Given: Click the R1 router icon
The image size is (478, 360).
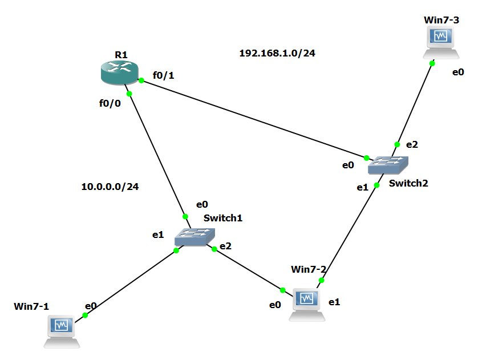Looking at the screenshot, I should [x=119, y=72].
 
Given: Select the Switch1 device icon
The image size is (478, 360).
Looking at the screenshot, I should [x=195, y=236].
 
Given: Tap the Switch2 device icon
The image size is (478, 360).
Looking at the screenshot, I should [x=388, y=165].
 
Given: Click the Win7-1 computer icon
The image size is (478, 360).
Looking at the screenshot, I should [x=62, y=329].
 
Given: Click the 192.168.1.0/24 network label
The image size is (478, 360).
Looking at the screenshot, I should [x=277, y=53].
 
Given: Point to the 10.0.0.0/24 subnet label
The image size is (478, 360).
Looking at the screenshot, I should [x=110, y=186].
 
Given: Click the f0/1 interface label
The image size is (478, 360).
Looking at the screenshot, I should [x=163, y=75].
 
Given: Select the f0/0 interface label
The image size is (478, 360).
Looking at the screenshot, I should [x=110, y=103].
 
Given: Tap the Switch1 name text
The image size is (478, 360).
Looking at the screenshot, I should [x=223, y=217].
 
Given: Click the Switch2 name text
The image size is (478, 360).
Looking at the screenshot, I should [x=408, y=183].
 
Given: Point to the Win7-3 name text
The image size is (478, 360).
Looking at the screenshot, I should [x=441, y=20].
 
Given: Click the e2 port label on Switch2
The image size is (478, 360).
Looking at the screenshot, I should [x=412, y=145].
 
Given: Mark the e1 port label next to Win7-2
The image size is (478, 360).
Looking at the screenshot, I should [x=334, y=301].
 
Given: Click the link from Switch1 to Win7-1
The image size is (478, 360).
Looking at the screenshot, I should [x=130, y=282].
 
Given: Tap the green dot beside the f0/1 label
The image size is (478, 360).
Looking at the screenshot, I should [x=141, y=80].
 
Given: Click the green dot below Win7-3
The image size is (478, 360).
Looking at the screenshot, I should [x=432, y=63].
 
